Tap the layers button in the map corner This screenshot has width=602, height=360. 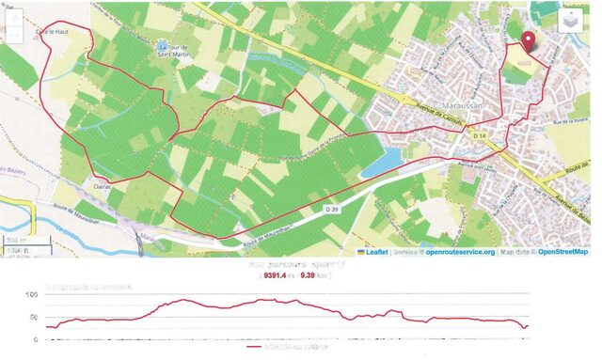tap(571, 23)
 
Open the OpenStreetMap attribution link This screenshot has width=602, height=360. tap(562, 252)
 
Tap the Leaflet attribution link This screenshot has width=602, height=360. tap(376, 252)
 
